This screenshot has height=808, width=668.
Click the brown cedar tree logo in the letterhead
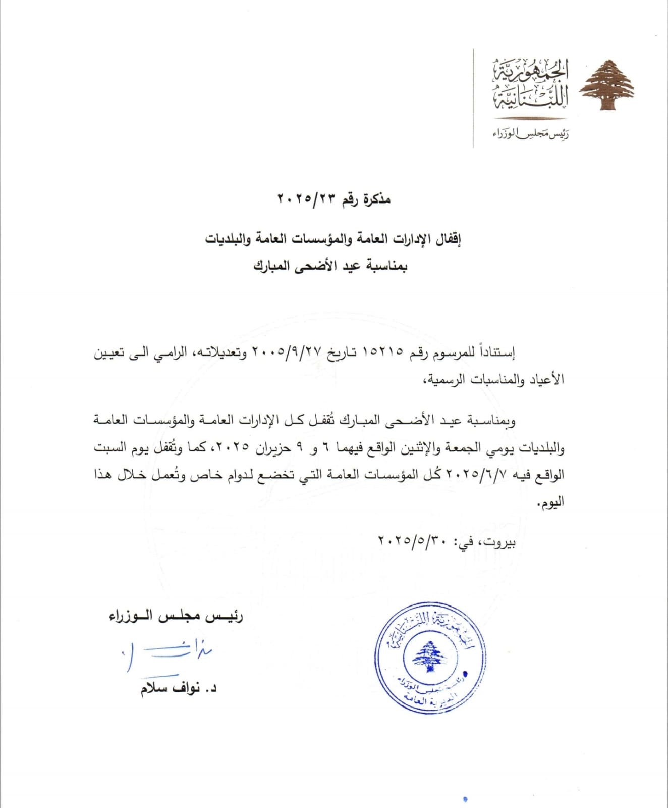pyautogui.click(x=606, y=84)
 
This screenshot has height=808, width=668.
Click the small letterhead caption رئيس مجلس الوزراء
pyautogui.click(x=530, y=134)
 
